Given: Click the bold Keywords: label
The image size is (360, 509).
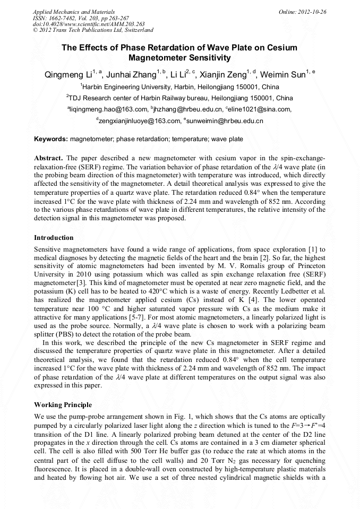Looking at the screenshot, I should point(51,140).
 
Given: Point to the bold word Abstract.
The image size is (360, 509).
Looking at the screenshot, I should point(49,159).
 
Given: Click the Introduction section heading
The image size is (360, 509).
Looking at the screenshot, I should point(54,237).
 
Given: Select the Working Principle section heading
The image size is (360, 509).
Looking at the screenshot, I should point(63,404).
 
